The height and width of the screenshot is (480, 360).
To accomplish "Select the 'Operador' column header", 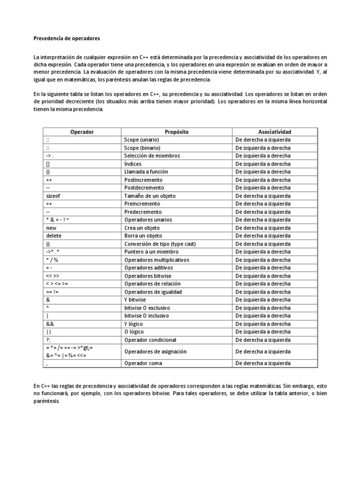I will pos(82,132).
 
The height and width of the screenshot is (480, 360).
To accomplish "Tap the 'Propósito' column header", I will pos(177,132).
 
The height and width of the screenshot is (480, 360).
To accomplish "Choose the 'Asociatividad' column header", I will pos(275,132).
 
